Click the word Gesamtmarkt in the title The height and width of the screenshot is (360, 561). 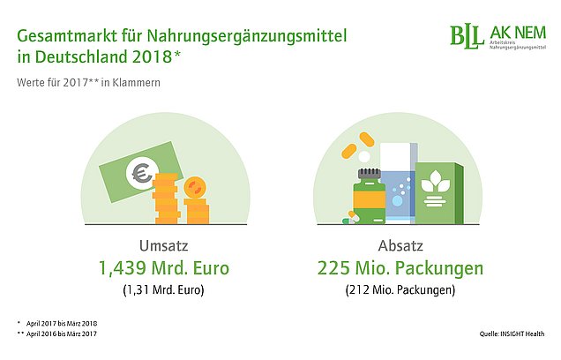67,36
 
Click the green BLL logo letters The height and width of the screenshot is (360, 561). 464,36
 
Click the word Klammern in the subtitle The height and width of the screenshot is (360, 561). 137,83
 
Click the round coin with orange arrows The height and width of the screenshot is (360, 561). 195,188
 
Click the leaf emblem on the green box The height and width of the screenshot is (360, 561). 435,183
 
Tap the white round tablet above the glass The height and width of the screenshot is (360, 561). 364,157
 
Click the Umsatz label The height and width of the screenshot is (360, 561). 163,246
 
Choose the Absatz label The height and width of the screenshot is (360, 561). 400,246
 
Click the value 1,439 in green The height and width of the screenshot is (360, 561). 123,268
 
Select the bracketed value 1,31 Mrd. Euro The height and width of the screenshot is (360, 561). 163,290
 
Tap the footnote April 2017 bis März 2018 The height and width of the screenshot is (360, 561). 62,324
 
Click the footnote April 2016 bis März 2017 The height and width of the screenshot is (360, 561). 62,334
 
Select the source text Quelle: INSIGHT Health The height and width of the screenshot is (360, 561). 512,334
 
